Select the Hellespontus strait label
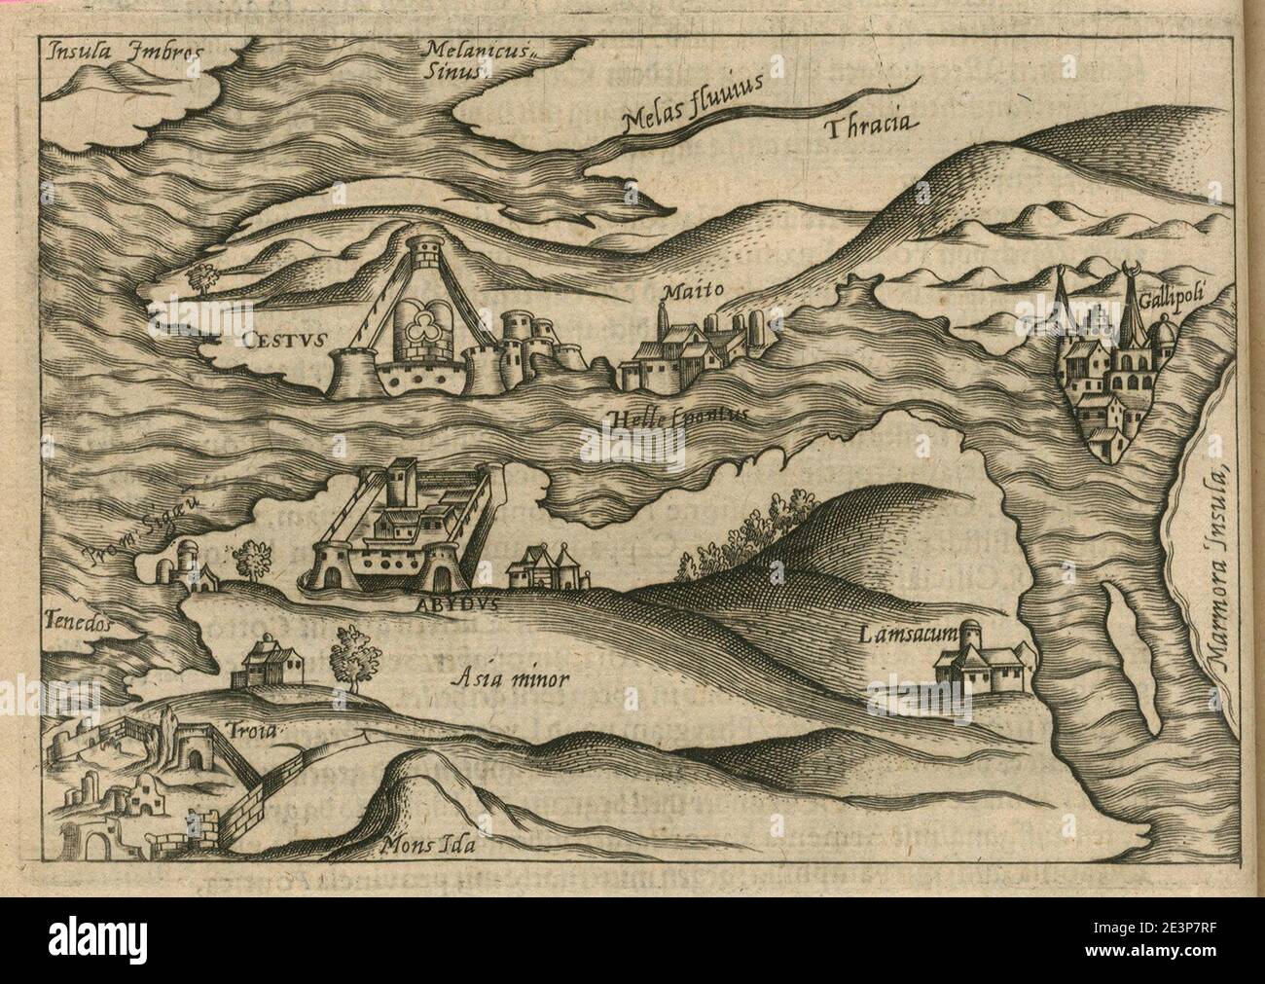(x=680, y=415)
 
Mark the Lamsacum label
(x=910, y=637)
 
